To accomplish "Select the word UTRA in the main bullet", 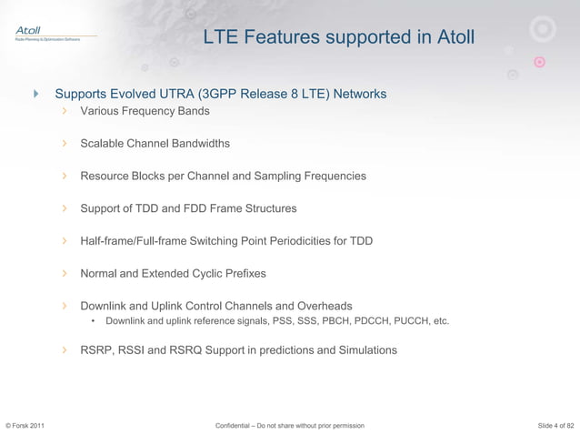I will [182, 94].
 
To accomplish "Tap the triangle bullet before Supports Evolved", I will [35, 94].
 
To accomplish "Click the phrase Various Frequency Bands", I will [145, 111].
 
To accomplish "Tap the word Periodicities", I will [309, 241].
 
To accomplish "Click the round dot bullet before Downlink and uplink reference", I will [94, 321].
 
